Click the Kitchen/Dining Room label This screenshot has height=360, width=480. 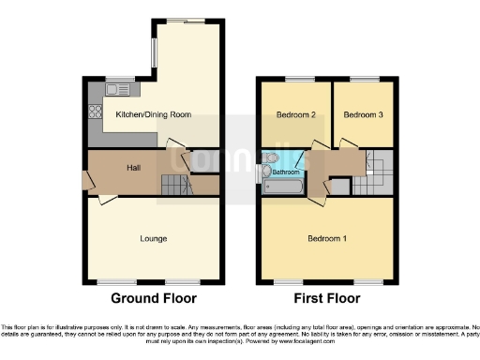click(153, 114)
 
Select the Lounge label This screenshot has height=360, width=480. click(154, 239)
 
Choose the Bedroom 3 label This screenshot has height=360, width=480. click(360, 115)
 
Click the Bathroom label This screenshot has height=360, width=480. click(287, 172)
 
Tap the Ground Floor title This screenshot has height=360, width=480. click(154, 299)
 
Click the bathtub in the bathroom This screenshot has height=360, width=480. click(282, 187)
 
